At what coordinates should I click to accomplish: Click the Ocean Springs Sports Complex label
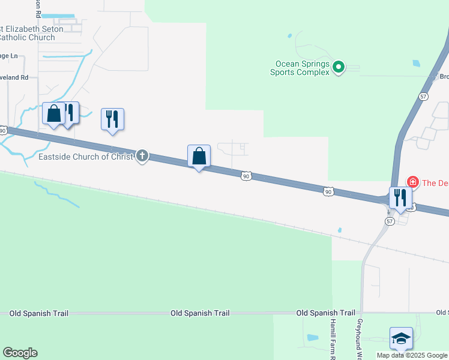(303, 68)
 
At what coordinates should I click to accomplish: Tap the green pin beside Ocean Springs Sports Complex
(339, 67)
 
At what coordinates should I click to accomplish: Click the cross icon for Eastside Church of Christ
(142, 157)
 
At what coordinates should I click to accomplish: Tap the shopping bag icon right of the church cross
(199, 157)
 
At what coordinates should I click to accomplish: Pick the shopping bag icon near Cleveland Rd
(53, 113)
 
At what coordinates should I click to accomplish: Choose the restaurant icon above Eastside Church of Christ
(112, 119)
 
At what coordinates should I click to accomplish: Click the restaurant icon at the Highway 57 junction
(400, 197)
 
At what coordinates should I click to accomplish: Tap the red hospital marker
(412, 182)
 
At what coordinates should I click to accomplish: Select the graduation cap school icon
(401, 339)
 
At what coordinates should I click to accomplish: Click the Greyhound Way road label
(359, 339)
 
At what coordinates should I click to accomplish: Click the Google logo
(20, 353)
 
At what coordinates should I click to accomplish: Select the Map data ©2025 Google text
(411, 355)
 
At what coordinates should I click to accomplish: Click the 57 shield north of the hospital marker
(424, 96)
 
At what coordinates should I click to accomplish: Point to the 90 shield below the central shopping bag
(246, 176)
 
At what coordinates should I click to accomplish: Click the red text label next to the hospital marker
(435, 182)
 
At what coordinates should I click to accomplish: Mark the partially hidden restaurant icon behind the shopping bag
(71, 112)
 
